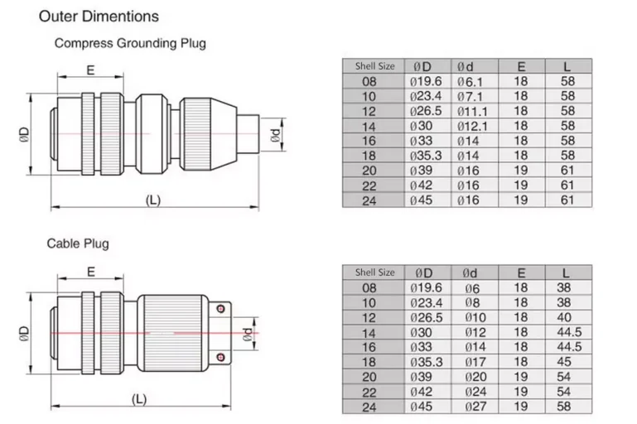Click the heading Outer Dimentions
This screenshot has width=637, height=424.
(x=99, y=16)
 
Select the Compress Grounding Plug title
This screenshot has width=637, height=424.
(x=129, y=42)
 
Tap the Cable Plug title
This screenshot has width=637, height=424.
(x=77, y=243)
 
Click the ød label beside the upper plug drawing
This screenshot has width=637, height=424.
(x=277, y=136)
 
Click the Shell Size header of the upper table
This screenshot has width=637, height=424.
(x=374, y=66)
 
